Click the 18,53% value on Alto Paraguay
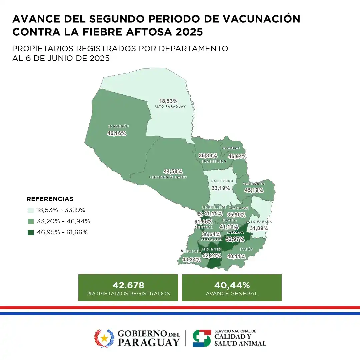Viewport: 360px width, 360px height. [x=168, y=101]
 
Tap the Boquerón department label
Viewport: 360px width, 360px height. [x=118, y=126]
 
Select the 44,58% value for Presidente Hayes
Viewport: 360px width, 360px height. [x=173, y=171]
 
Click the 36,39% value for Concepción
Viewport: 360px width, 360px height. [x=208, y=156]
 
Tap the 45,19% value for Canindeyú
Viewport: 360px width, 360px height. [x=254, y=190]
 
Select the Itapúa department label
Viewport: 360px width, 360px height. [x=246, y=249]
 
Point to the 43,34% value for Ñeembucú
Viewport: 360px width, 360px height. [x=192, y=259]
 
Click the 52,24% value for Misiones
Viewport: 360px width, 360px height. [x=212, y=256]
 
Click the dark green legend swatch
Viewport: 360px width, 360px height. [x=31, y=232]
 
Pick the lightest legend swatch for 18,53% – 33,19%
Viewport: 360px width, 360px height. [x=31, y=210]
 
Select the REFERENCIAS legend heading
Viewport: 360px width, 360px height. [x=50, y=199]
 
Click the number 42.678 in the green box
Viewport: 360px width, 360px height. [x=128, y=285]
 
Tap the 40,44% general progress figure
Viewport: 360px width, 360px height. [x=232, y=285]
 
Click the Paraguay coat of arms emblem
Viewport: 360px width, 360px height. [x=104, y=338]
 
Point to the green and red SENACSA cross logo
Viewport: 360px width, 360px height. [x=202, y=338]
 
